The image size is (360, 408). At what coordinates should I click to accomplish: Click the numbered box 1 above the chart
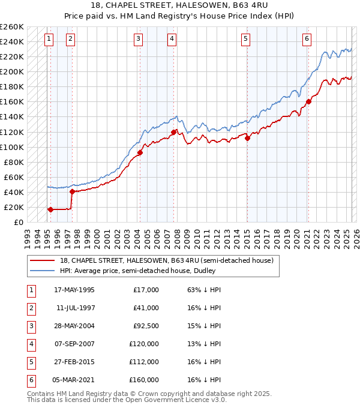49,39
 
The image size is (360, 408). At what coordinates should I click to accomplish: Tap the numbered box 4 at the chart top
172,39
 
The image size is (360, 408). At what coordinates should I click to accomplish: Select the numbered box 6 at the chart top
307,39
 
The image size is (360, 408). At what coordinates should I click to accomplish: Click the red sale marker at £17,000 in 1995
50,209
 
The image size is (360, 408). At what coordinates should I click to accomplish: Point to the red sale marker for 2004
140,152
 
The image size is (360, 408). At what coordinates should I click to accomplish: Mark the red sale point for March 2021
308,101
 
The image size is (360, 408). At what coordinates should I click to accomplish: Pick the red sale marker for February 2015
248,137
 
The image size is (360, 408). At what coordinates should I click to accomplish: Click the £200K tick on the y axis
12,71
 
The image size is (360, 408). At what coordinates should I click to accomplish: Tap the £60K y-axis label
14,177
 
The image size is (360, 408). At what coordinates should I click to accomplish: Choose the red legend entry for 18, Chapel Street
166,260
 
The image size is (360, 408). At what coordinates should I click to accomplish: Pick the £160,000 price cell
144,380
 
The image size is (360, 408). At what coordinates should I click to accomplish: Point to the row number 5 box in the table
31,362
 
